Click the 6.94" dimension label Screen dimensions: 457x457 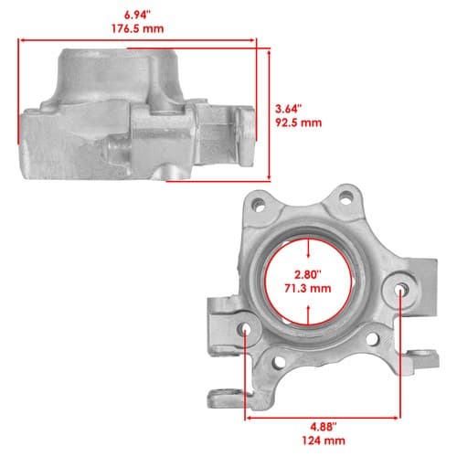coord(137,15)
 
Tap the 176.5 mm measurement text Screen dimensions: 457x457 coord(137,29)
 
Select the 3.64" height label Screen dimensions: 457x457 coord(289,109)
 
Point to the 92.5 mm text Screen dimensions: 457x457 coord(299,122)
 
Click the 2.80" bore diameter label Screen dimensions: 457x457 coord(308,274)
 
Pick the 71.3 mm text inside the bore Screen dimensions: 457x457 coord(308,288)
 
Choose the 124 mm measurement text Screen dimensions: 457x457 coord(324,441)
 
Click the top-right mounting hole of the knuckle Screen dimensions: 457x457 coord(345,197)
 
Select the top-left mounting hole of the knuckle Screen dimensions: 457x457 coord(259,205)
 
